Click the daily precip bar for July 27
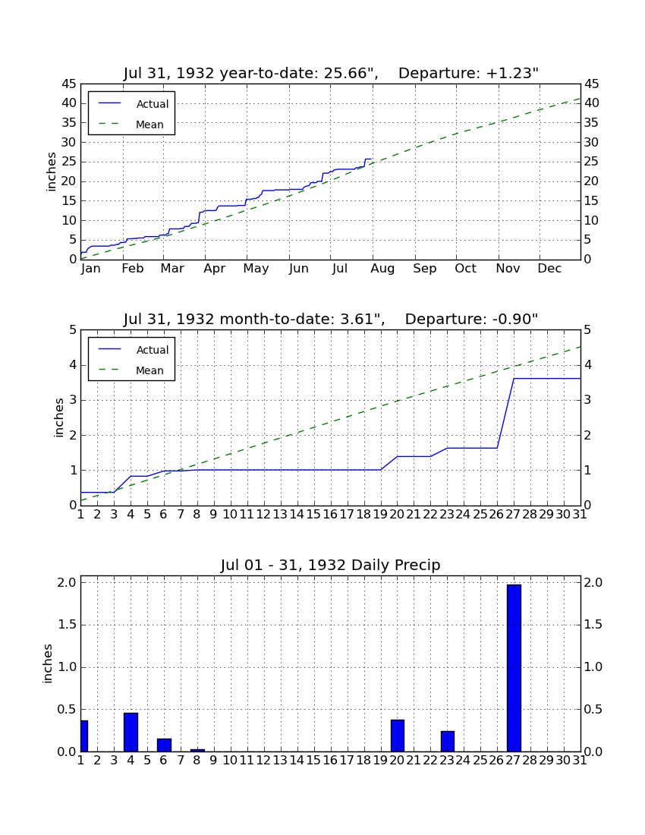514,668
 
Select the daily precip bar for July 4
131,732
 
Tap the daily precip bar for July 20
398,736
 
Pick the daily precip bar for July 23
448,741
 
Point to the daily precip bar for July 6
165,745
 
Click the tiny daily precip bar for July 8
197,750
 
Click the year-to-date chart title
331,73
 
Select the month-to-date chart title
331,319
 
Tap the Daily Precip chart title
331,565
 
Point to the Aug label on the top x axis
382,269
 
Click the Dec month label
549,269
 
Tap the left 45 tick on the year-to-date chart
70,84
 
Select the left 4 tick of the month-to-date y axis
73,365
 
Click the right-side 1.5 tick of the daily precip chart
593,625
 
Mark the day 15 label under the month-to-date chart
313,515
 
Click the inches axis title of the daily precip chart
48,663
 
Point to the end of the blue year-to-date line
372,159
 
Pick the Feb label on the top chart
133,269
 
